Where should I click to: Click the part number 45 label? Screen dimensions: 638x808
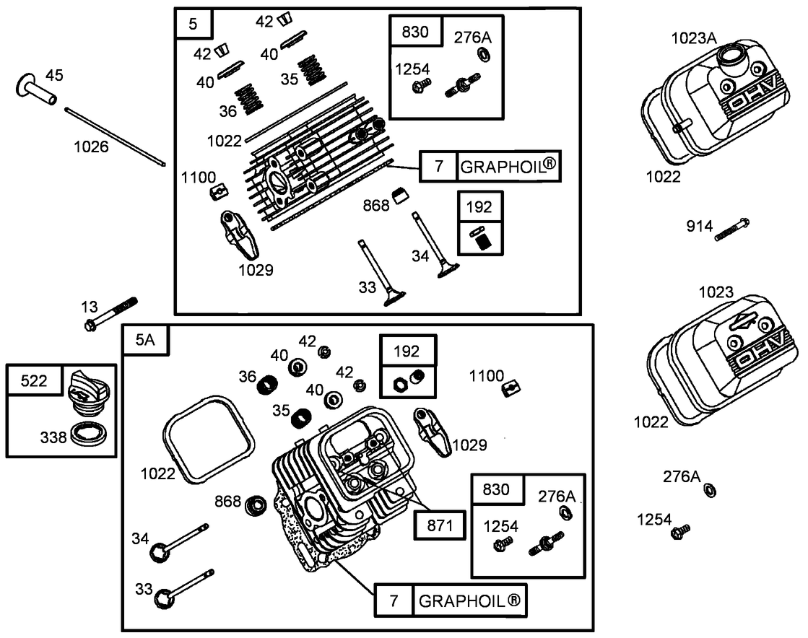[x=55, y=75]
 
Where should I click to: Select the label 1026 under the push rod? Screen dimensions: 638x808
[x=91, y=147]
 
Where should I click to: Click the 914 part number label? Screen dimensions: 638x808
[x=700, y=227]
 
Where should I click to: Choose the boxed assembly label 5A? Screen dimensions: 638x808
[x=145, y=340]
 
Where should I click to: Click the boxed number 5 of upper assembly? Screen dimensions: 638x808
[x=193, y=24]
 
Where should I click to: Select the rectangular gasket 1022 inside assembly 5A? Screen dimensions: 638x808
[x=209, y=437]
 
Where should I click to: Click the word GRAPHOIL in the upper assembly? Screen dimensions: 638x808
[x=508, y=167]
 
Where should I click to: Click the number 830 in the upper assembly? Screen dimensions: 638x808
[x=414, y=32]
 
